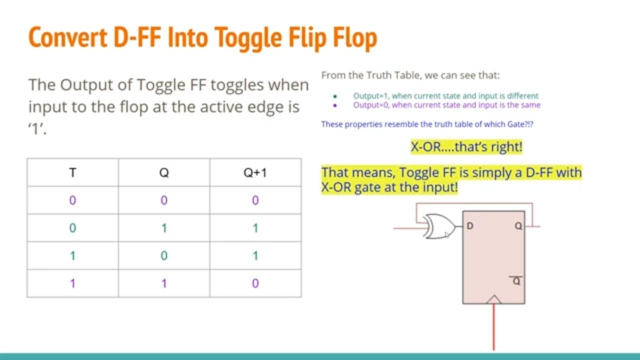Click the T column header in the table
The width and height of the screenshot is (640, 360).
coord(72,173)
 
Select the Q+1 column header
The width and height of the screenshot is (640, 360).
coord(255,173)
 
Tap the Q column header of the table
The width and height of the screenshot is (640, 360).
coord(164,173)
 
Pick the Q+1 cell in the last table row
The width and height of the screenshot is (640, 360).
coord(255,283)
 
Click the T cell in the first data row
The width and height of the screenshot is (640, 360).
coord(72,200)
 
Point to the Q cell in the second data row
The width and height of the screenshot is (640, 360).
coord(164,228)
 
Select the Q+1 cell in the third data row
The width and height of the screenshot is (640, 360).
coord(255,256)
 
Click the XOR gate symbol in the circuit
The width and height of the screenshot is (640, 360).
coord(439,227)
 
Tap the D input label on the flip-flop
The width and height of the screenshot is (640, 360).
coord(470,226)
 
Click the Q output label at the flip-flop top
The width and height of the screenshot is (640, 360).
coord(518,226)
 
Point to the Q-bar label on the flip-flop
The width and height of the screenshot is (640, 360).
coord(516,281)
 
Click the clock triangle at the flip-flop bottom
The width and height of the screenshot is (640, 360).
coord(493,299)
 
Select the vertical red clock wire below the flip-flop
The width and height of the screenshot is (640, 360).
coord(494,327)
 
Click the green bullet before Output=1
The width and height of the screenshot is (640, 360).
coord(335,96)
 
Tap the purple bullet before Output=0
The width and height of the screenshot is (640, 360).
coord(335,105)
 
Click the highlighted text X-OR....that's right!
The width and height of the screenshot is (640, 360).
coord(466,147)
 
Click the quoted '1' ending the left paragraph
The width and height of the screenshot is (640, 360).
coord(37,129)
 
